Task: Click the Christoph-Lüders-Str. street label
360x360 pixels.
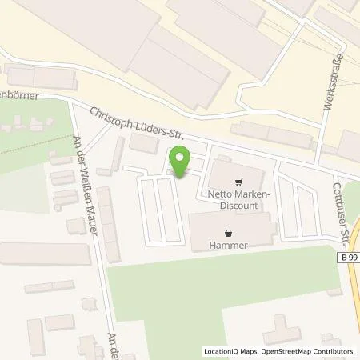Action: [x=138, y=125]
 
